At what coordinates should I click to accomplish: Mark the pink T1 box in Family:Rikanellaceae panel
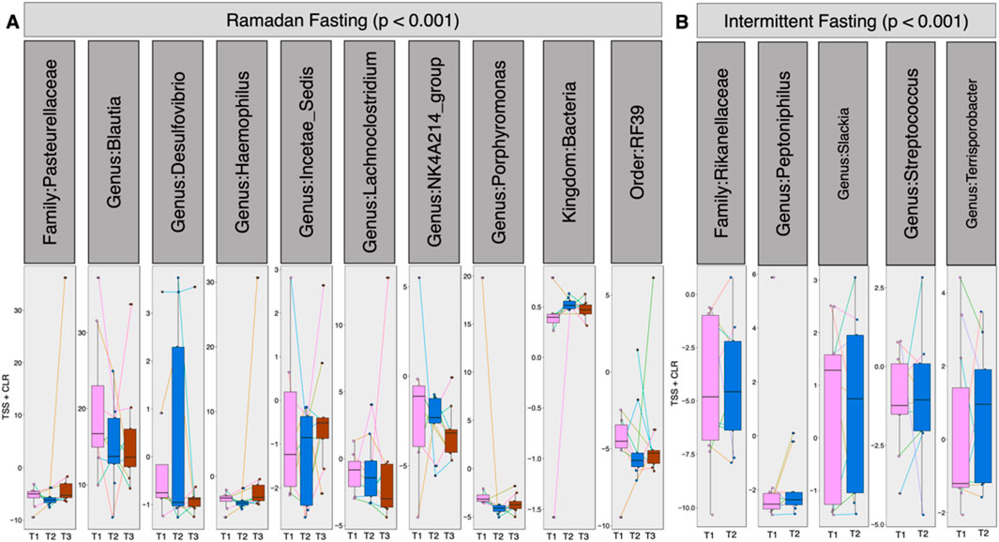(x=709, y=378)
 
